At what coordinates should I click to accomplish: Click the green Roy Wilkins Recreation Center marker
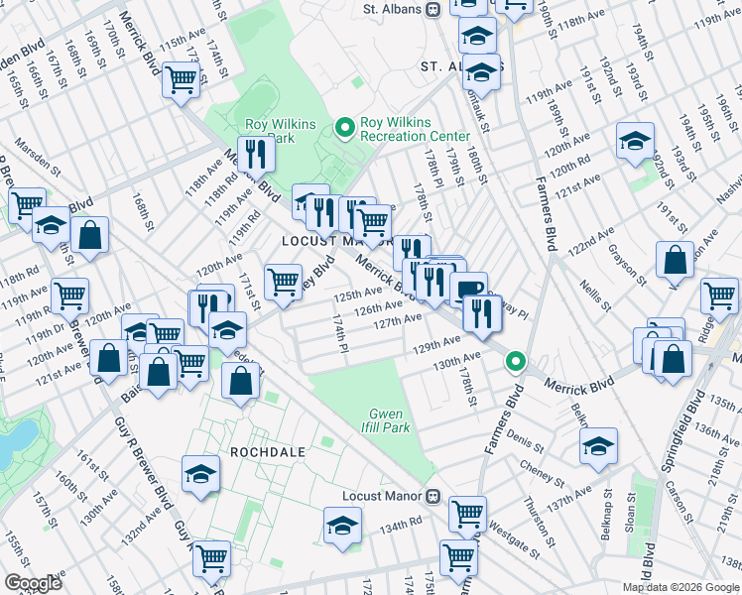[345, 127]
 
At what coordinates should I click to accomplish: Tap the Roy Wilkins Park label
[270, 132]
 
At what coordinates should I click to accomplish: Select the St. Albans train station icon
[433, 10]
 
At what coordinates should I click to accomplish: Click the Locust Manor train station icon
[433, 495]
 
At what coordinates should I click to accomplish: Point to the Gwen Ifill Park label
[389, 420]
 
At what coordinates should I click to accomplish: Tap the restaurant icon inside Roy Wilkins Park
[256, 153]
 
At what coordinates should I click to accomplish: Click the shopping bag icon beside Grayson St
[675, 260]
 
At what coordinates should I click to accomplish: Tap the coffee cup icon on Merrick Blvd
[468, 289]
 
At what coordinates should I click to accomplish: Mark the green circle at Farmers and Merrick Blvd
[515, 362]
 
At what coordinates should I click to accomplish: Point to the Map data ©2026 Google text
[680, 587]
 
